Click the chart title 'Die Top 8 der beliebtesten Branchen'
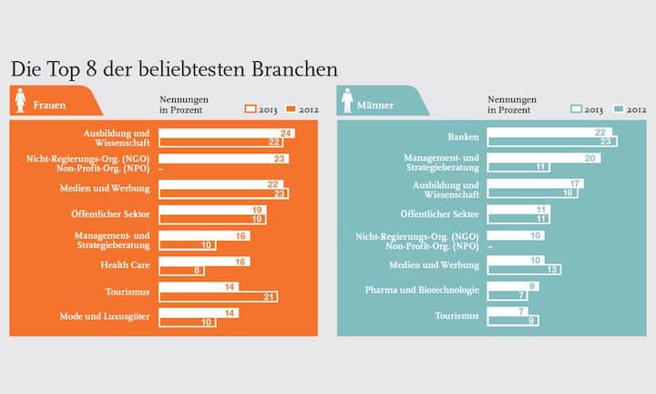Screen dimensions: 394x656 tap(174, 69)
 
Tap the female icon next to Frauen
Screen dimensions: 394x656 tap(20, 101)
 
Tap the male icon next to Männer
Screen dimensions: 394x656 tap(348, 101)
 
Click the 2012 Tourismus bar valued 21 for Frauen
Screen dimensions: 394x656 tap(218, 296)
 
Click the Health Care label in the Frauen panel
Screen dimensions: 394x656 tap(125, 264)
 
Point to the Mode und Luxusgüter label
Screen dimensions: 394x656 tap(108, 316)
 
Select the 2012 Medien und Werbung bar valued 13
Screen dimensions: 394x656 tap(524, 269)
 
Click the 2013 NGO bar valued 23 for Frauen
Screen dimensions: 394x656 tap(223, 158)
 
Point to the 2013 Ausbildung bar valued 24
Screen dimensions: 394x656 tap(226, 131)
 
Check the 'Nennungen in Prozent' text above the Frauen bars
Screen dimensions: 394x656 tap(180, 104)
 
